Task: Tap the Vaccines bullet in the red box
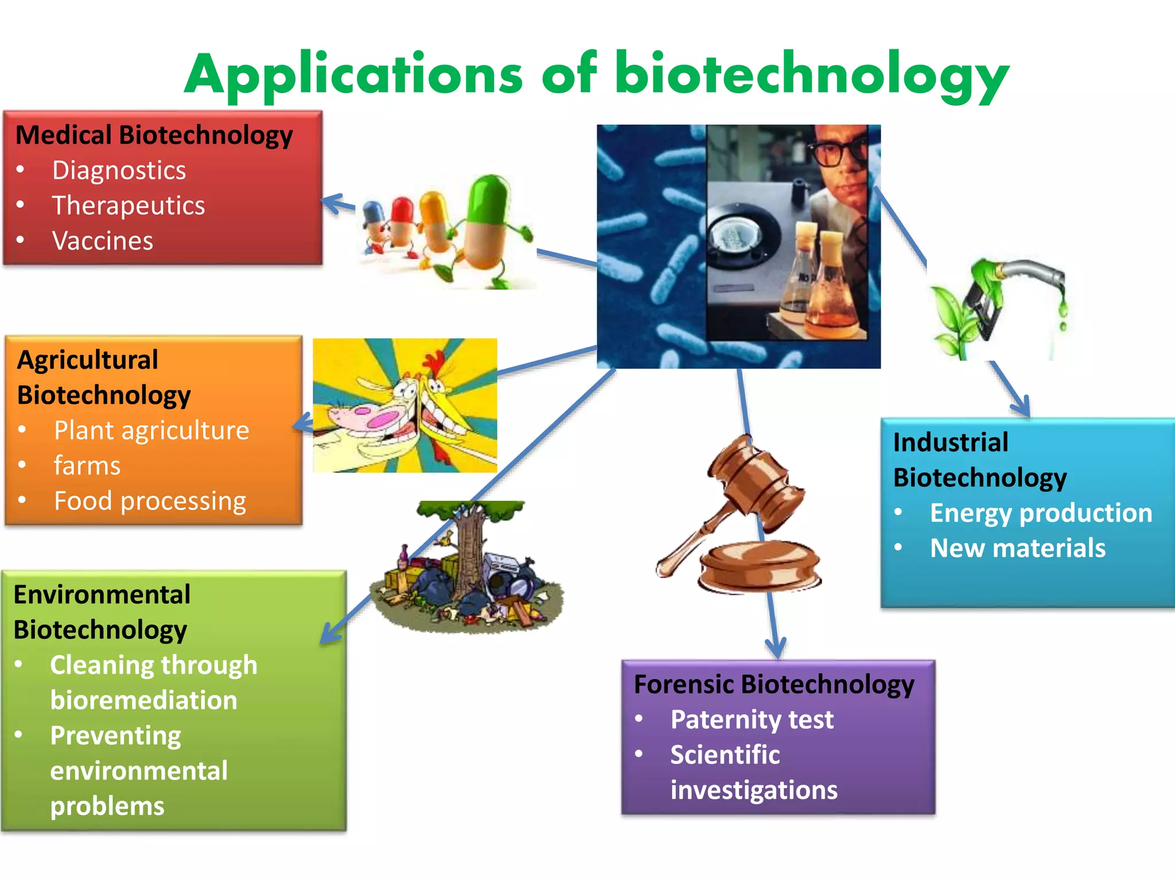[x=103, y=241]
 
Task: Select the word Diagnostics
[x=119, y=170]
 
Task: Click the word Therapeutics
[x=129, y=205]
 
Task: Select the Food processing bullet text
[x=150, y=501]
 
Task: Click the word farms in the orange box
[x=87, y=466]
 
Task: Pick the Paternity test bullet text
[x=752, y=720]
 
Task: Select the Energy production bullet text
[x=1041, y=513]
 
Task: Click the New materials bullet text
[x=1018, y=548]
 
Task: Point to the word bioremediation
[x=143, y=700]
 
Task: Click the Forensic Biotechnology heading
[x=774, y=684]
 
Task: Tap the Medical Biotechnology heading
[x=154, y=135]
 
